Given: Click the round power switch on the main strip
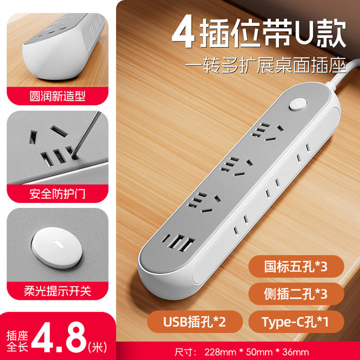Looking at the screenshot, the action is pyautogui.click(x=298, y=104).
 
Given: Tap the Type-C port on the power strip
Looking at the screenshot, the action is pyautogui.click(x=165, y=239).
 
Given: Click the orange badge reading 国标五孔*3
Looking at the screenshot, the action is pyautogui.click(x=296, y=266).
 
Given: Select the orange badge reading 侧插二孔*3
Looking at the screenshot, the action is pyautogui.click(x=296, y=294).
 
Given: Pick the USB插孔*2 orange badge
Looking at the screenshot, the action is pyautogui.click(x=195, y=321).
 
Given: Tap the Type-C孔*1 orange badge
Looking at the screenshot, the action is pyautogui.click(x=296, y=321).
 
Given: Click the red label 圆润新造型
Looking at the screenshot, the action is pyautogui.click(x=57, y=96).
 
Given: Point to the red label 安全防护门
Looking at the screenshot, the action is pyautogui.click(x=57, y=194).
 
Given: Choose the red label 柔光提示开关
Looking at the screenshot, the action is pyautogui.click(x=57, y=291).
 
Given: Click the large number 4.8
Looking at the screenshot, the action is pyautogui.click(x=59, y=337).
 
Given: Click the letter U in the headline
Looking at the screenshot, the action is pyautogui.click(x=304, y=32).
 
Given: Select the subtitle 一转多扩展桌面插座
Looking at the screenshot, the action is pyautogui.click(x=265, y=65).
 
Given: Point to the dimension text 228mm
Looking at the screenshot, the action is pyautogui.click(x=220, y=352).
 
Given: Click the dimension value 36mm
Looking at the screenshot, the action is pyautogui.click(x=295, y=352).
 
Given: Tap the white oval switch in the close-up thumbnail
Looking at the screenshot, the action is pyautogui.click(x=56, y=248).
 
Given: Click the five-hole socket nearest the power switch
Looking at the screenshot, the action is pyautogui.click(x=267, y=132).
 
